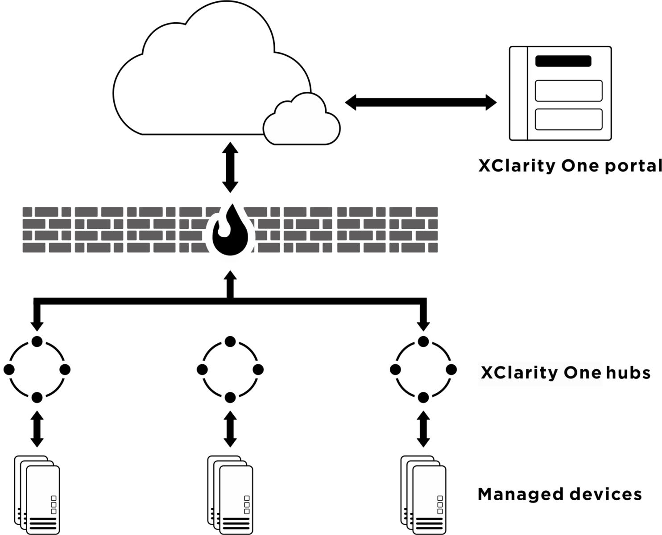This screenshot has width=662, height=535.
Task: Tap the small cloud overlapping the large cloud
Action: (x=302, y=121)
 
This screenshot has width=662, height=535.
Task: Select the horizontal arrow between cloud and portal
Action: (x=421, y=102)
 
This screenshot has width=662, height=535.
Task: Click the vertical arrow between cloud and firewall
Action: (x=230, y=167)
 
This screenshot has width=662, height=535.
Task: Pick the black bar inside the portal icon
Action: (x=563, y=61)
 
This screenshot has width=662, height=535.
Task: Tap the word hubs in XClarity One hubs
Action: (x=628, y=372)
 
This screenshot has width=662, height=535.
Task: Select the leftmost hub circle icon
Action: (x=37, y=370)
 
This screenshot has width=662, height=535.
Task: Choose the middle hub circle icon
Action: (x=230, y=370)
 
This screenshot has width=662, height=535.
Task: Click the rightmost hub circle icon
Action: (x=423, y=370)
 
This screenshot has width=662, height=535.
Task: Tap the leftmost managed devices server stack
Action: (x=37, y=495)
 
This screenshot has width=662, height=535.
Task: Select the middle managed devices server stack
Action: (x=230, y=495)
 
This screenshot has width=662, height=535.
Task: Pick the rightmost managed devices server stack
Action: (x=423, y=495)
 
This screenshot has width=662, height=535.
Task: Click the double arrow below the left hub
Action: (x=37, y=429)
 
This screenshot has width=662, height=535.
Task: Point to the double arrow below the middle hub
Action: (x=230, y=429)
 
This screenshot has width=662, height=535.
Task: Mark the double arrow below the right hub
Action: (x=423, y=429)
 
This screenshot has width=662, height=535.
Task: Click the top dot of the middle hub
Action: (x=230, y=342)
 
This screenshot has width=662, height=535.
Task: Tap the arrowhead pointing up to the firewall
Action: (x=230, y=276)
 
